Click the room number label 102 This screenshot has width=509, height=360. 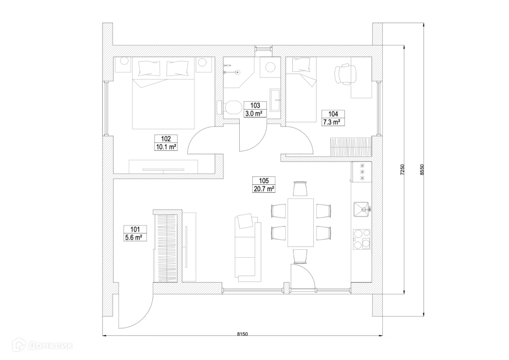166,139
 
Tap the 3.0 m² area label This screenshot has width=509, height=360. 255,114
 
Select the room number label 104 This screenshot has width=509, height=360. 333,114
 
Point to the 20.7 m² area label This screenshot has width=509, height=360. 264,189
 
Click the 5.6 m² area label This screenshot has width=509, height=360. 135,237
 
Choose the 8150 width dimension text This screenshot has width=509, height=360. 242,334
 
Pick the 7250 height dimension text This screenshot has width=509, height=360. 402,170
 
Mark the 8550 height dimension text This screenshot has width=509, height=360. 422,170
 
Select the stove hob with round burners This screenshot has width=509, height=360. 362,239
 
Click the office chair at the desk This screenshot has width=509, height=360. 346,74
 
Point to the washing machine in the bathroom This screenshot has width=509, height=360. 270,67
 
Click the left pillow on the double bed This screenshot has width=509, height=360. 149,68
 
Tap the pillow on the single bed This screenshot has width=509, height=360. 301,64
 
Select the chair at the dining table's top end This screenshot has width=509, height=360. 300,189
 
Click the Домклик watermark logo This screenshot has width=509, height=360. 42,345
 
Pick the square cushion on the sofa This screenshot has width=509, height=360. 245,220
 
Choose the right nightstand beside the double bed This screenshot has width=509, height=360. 202,65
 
